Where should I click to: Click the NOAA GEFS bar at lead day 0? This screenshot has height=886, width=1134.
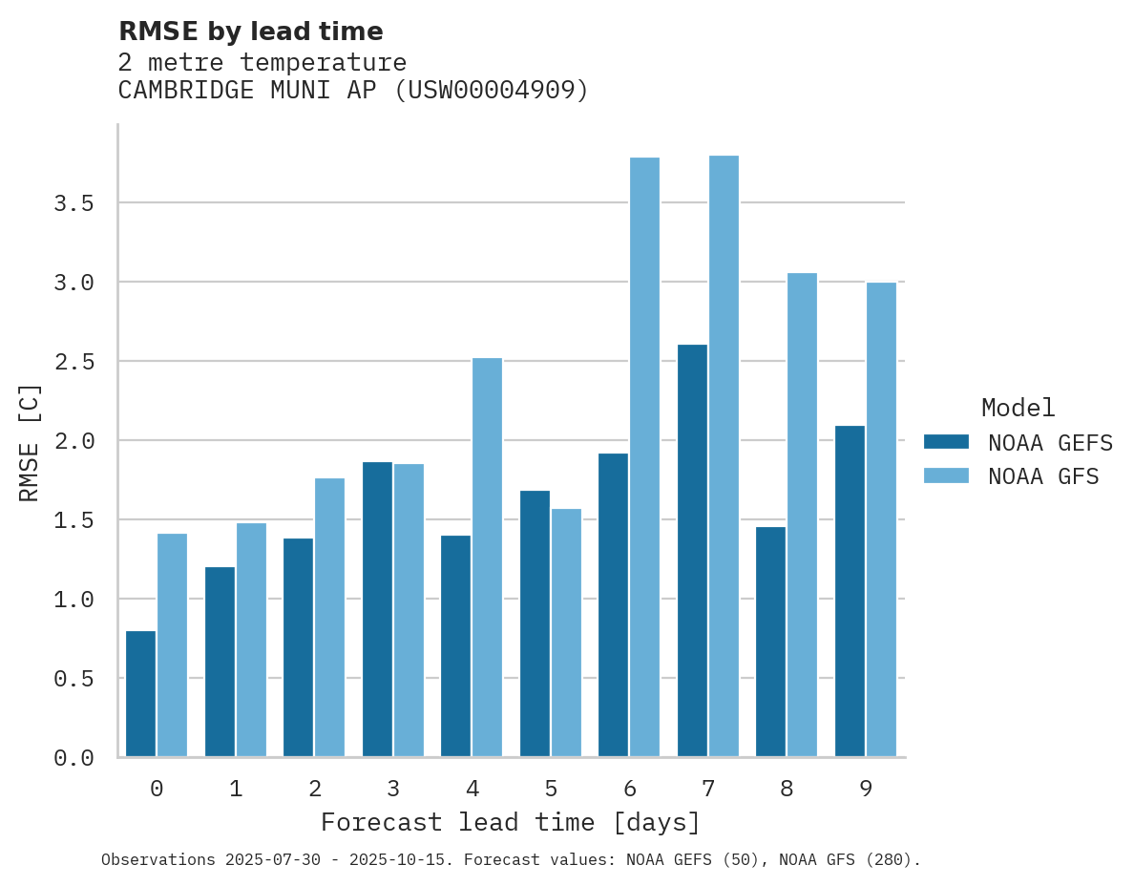(x=140, y=694)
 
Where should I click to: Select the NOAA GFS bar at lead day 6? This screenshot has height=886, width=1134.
(x=644, y=457)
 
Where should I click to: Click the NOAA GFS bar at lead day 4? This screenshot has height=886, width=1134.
(x=487, y=558)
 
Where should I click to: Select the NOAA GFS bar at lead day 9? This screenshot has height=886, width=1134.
(x=881, y=520)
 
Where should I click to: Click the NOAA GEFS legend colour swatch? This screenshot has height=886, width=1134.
(x=946, y=443)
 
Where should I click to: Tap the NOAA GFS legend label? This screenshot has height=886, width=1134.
(x=1043, y=476)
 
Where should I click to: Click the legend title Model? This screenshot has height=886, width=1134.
(x=1018, y=409)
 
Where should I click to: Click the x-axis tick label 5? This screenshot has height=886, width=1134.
(x=551, y=789)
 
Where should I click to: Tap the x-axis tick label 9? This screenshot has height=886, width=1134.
(x=866, y=789)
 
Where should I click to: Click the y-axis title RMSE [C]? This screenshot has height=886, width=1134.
(x=31, y=442)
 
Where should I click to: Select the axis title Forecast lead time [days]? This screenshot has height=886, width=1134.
(x=511, y=822)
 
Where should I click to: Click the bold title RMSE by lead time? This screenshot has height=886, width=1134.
(x=250, y=32)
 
